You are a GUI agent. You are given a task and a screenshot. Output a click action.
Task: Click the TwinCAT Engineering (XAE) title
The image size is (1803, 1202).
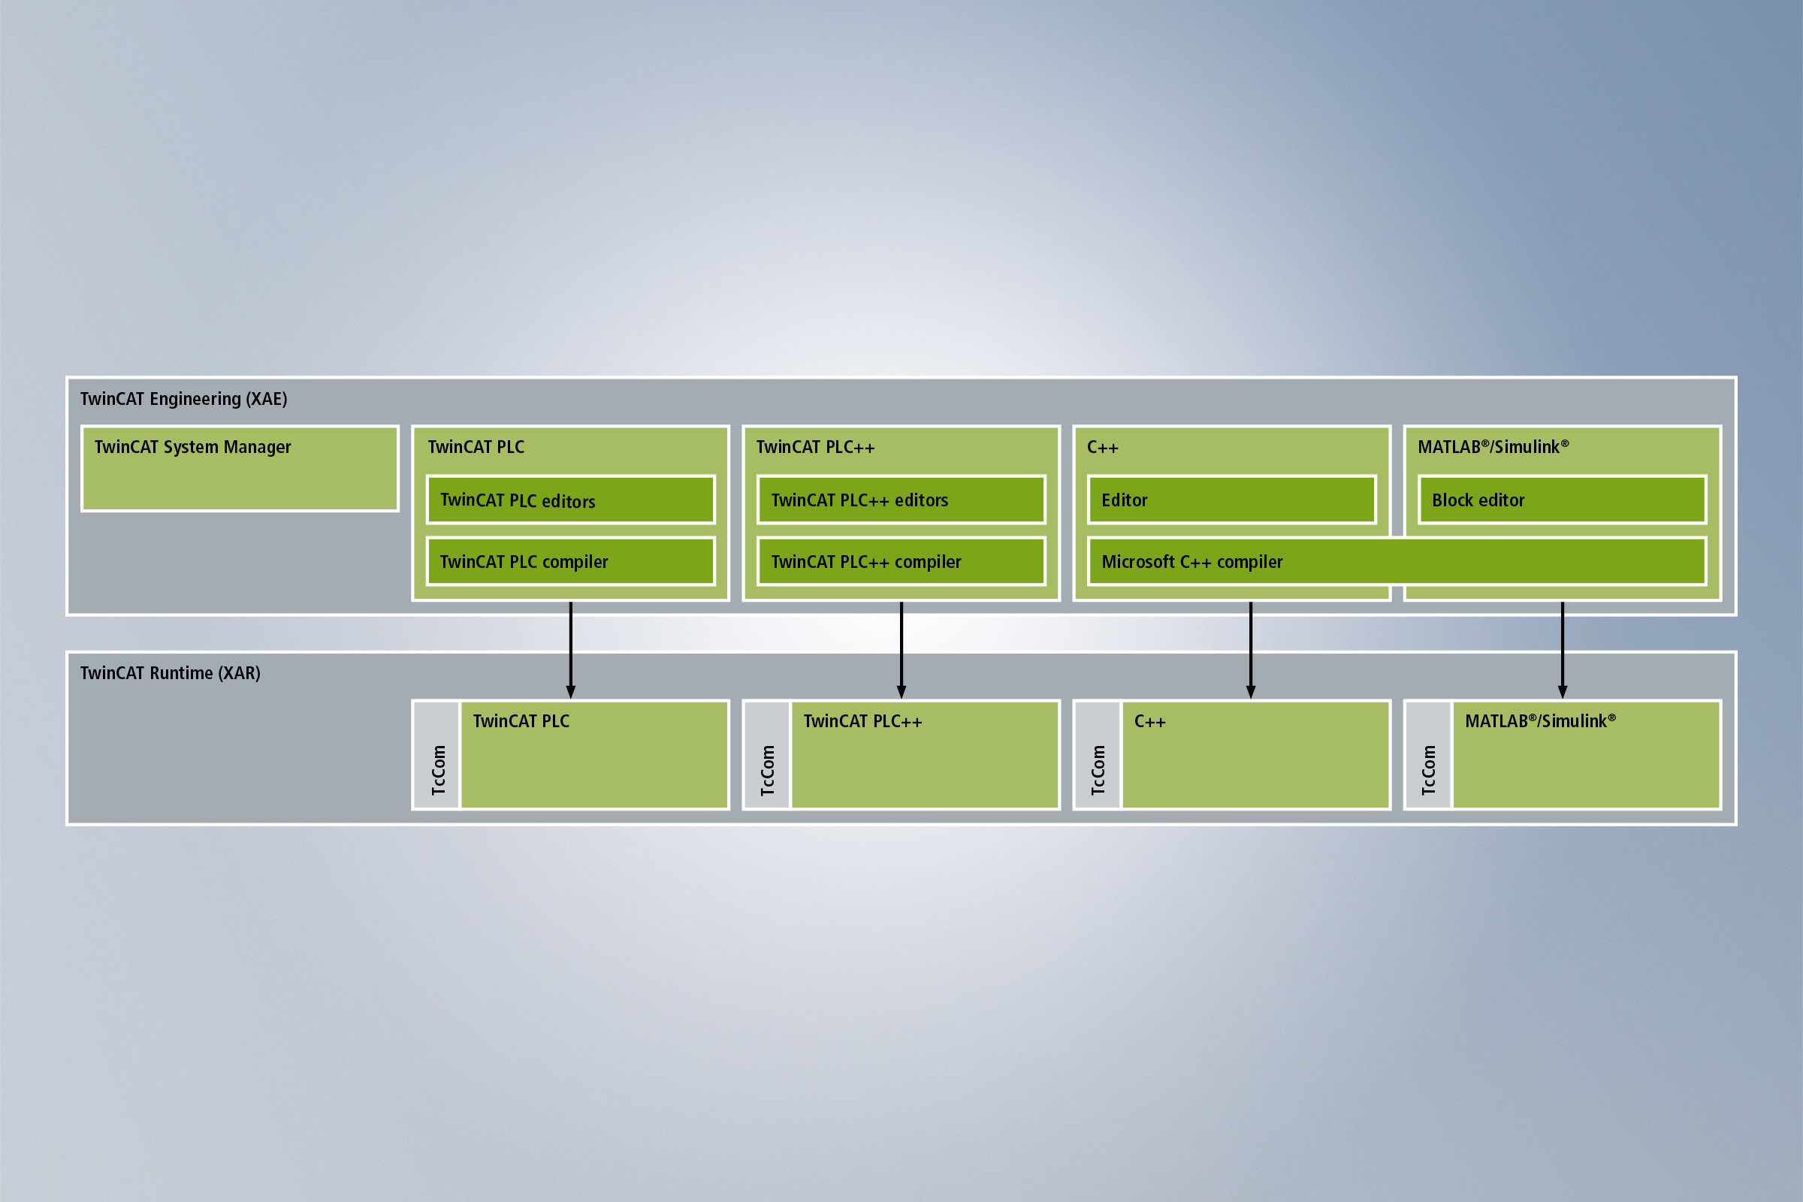[183, 399]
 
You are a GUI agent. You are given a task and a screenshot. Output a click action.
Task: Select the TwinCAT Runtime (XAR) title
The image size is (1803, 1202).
[171, 673]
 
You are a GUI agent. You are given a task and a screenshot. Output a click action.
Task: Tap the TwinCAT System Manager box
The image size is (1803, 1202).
[239, 467]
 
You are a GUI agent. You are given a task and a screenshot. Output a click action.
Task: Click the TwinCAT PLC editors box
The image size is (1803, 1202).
[570, 500]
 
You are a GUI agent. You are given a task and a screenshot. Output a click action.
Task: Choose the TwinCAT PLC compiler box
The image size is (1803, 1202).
[570, 561]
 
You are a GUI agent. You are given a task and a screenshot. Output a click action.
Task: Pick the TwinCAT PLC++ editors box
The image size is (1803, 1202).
[901, 500]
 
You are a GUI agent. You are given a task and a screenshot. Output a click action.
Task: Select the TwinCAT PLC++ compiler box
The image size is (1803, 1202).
[901, 561]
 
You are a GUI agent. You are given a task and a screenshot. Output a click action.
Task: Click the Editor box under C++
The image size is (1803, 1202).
[1231, 500]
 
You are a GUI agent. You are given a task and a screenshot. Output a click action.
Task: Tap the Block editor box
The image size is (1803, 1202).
[1562, 500]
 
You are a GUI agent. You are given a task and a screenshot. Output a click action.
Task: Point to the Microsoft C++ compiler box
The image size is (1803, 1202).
[1397, 561]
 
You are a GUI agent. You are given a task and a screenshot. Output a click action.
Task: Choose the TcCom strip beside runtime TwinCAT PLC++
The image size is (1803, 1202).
[767, 755]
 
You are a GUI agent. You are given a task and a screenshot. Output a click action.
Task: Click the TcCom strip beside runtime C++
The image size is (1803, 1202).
[1098, 755]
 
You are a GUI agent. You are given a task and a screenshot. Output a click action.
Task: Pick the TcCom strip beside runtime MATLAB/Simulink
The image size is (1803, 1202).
[1428, 755]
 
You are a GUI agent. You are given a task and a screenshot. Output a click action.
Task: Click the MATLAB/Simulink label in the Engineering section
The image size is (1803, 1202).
[1493, 447]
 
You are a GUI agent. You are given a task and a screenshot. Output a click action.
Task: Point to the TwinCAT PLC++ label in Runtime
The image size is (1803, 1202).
[862, 721]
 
